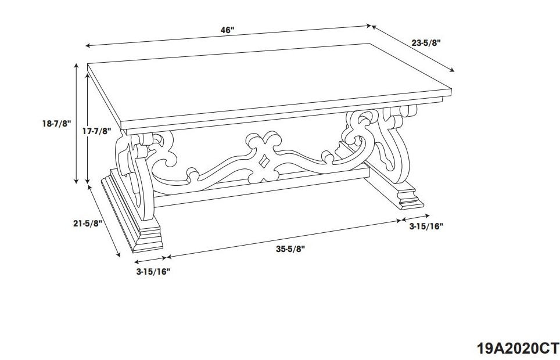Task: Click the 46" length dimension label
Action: pyautogui.click(x=227, y=30)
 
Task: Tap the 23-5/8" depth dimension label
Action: pyautogui.click(x=426, y=43)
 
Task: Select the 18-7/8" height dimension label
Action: pyautogui.click(x=57, y=124)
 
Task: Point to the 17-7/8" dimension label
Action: pyautogui.click(x=97, y=131)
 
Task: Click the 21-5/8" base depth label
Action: pyautogui.click(x=88, y=224)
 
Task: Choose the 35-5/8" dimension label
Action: pyautogui.click(x=290, y=249)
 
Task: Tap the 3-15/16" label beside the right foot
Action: pyautogui.click(x=426, y=226)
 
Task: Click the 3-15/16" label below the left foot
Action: pyautogui.click(x=153, y=271)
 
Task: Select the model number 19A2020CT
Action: pyautogui.click(x=518, y=347)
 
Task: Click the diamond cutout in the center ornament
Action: pyautogui.click(x=264, y=161)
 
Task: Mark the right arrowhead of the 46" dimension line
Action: pyautogui.click(x=369, y=26)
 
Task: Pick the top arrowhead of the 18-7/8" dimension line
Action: pyautogui.click(x=76, y=66)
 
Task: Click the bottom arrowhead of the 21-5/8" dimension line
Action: pyautogui.click(x=118, y=254)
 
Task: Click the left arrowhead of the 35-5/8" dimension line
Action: pyautogui.click(x=169, y=257)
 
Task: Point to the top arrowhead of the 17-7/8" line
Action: pyautogui.click(x=88, y=76)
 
